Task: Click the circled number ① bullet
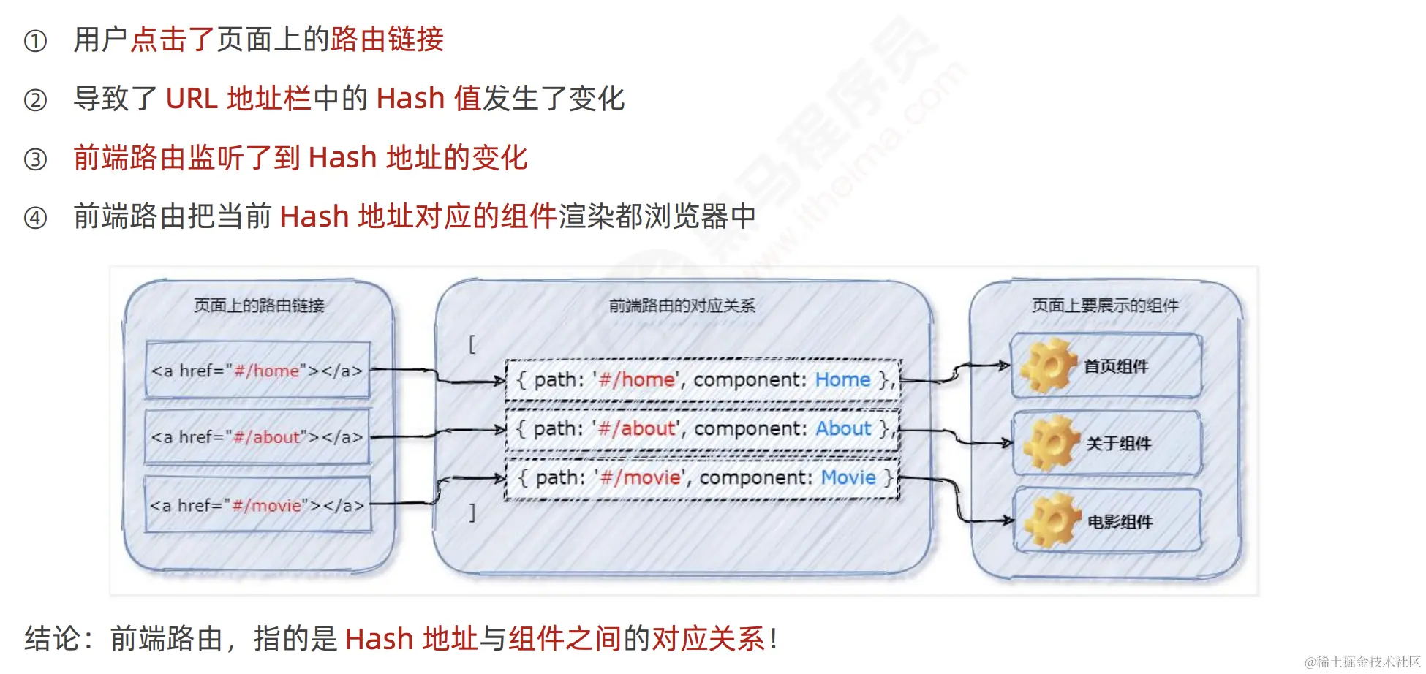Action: (35, 41)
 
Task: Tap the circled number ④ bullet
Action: (35, 218)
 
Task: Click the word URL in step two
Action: (192, 99)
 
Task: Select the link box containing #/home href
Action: (257, 371)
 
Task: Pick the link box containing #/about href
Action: (257, 437)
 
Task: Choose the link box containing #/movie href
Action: (257, 505)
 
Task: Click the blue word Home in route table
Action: (842, 379)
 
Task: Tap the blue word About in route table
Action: (843, 428)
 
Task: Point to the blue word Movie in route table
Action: (848, 477)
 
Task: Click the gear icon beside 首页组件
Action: (1049, 366)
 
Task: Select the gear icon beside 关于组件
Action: (1051, 443)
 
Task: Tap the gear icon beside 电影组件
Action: (1052, 520)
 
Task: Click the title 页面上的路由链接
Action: (259, 306)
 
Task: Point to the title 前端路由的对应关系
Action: (682, 306)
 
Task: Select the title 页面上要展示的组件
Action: (1105, 306)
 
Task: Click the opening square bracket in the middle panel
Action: (472, 344)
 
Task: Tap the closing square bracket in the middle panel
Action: (472, 512)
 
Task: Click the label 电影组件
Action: (1120, 522)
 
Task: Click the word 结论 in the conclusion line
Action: (52, 639)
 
